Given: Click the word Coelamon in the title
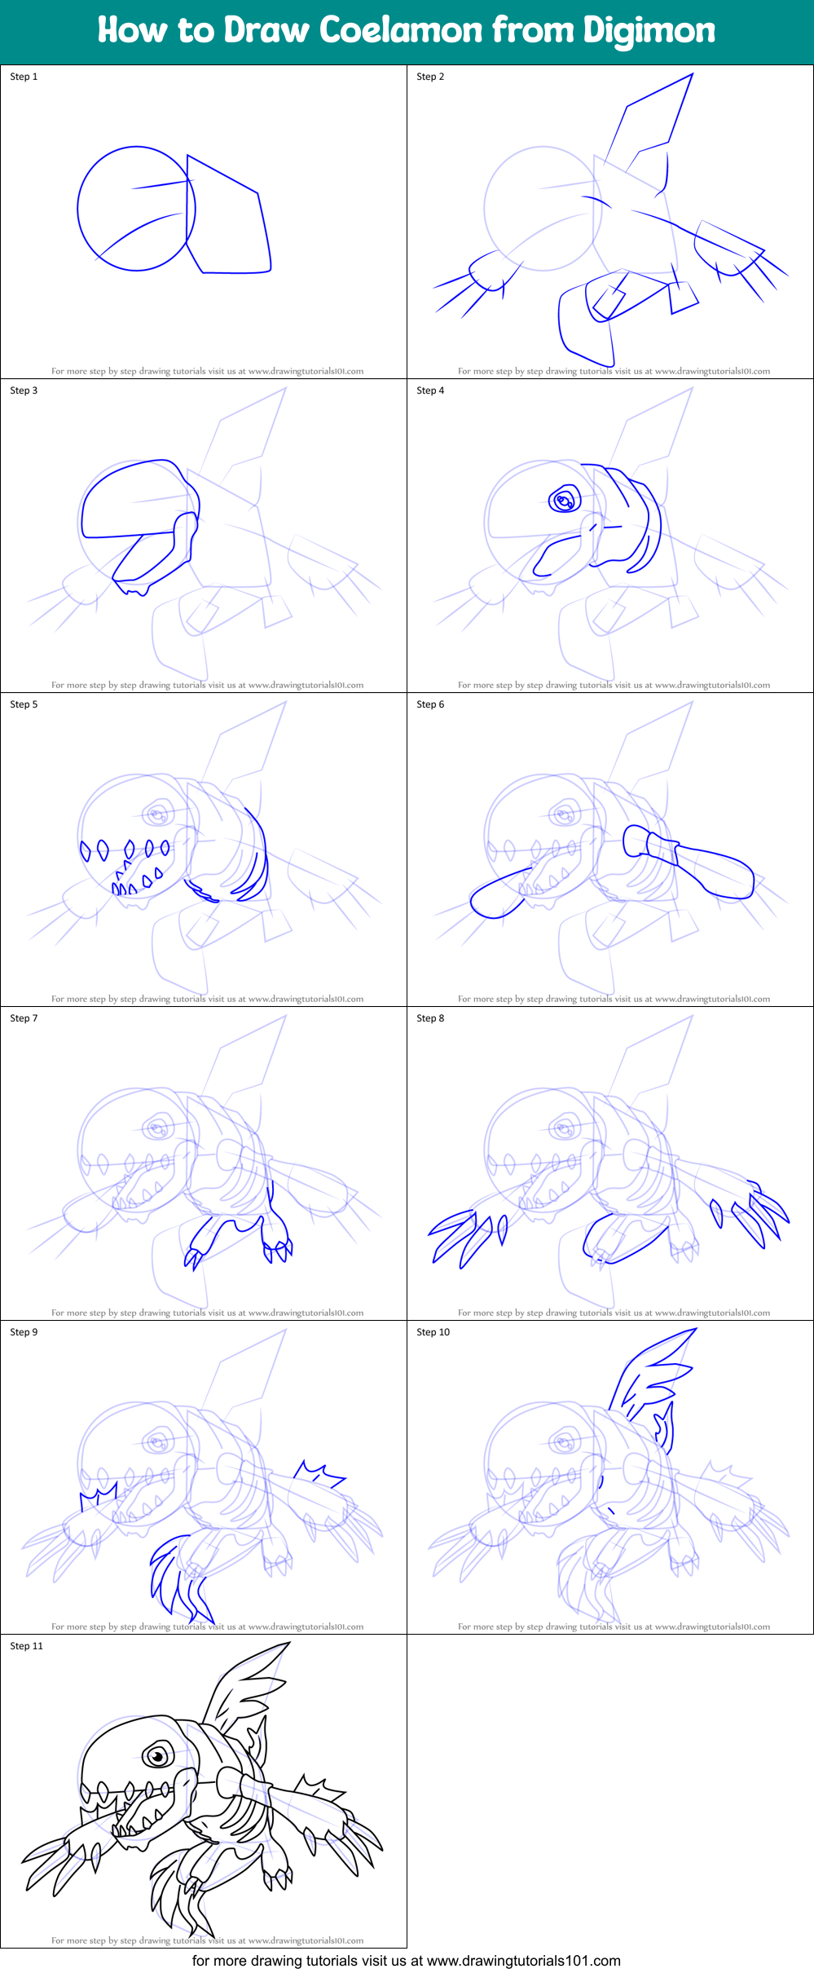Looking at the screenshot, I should [x=401, y=30].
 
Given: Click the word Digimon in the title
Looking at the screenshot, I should [x=649, y=30].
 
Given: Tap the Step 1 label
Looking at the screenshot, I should [x=24, y=77].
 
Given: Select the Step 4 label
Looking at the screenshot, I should [x=430, y=391].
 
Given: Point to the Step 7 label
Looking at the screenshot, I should [x=24, y=1018].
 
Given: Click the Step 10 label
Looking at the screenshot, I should [x=433, y=1332].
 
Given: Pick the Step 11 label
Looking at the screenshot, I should [x=26, y=1646].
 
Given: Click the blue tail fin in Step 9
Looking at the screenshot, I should [x=175, y=1578].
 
